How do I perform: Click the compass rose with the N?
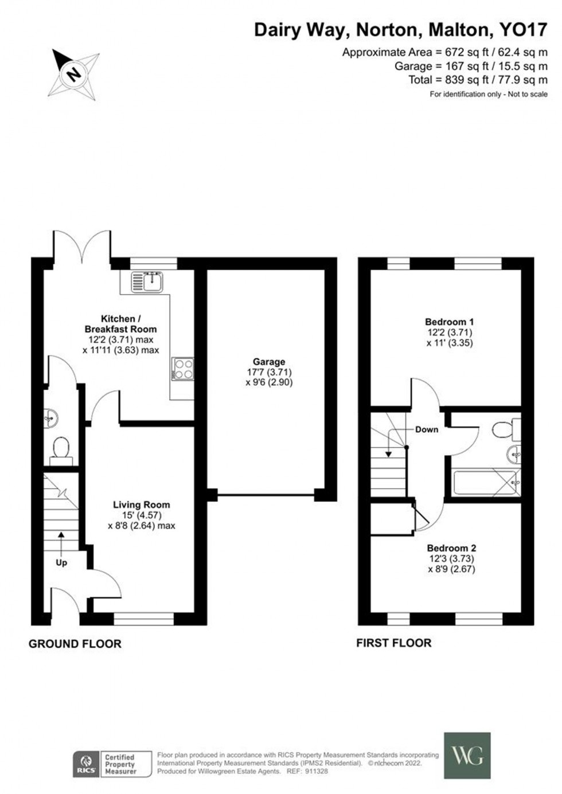pyautogui.click(x=73, y=73)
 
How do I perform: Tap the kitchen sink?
pyautogui.click(x=148, y=281)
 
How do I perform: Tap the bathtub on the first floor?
pyautogui.click(x=486, y=482)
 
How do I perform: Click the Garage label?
pyautogui.click(x=269, y=362)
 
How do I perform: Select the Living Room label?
pyautogui.click(x=141, y=504)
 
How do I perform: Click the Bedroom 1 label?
pyautogui.click(x=450, y=322)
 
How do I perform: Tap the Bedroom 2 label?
pyautogui.click(x=451, y=548)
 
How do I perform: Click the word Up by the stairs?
pyautogui.click(x=61, y=562)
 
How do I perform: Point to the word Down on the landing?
pyautogui.click(x=427, y=429)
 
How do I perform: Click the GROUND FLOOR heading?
pyautogui.click(x=75, y=644)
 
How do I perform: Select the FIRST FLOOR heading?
pyautogui.click(x=394, y=643)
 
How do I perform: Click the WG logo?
pyautogui.click(x=467, y=755)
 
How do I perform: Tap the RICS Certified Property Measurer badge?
pyautogui.click(x=112, y=764)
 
